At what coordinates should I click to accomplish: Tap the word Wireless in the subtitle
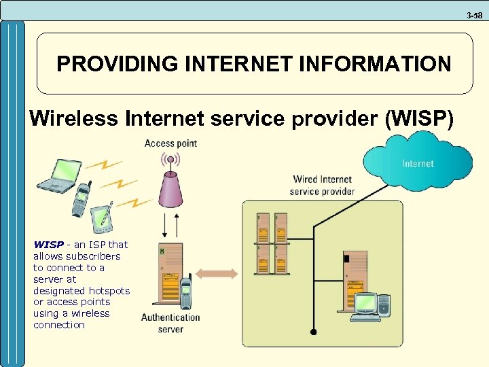74,119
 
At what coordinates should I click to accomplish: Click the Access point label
170,143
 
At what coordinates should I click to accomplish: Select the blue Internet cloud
418,162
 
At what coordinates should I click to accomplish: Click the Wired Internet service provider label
322,186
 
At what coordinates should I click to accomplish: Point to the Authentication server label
170,323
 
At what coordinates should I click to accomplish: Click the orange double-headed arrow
218,274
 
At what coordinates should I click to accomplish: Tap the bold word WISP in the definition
48,245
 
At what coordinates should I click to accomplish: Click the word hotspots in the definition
110,290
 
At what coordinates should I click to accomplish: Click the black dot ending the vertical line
313,332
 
